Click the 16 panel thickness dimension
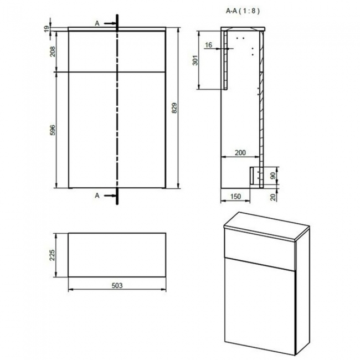(208, 45)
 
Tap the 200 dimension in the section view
(240, 152)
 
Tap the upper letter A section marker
(97, 23)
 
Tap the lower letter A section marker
(97, 195)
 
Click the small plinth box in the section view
(256, 176)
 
